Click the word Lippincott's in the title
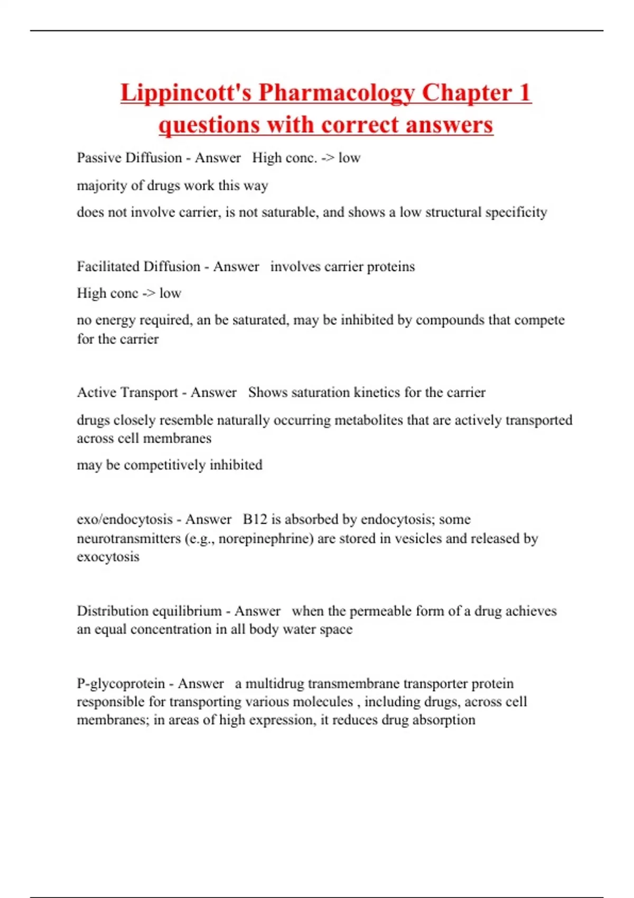tap(186, 93)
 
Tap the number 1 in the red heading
tap(524, 93)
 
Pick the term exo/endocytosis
tap(125, 519)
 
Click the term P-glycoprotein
tap(121, 684)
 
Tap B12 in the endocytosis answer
tap(255, 519)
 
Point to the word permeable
tap(380, 611)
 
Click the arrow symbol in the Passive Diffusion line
tap(328, 158)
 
